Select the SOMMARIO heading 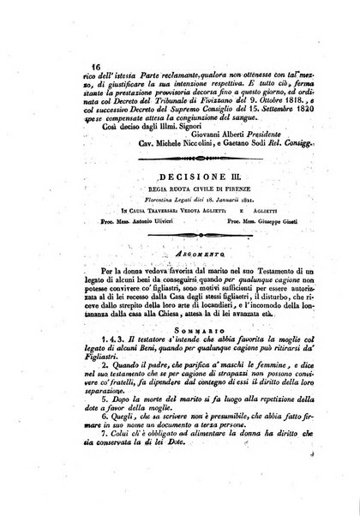pos(195,331)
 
